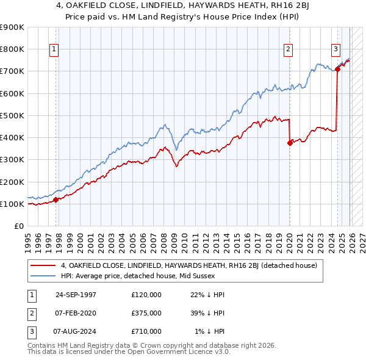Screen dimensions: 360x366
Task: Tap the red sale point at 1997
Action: (56, 199)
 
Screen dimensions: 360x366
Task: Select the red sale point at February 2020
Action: (290, 143)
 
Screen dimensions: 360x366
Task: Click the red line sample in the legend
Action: (43, 266)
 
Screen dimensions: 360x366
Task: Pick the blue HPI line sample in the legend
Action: (43, 276)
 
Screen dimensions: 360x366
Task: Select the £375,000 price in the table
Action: (146, 313)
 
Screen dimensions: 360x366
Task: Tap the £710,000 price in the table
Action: (146, 331)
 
